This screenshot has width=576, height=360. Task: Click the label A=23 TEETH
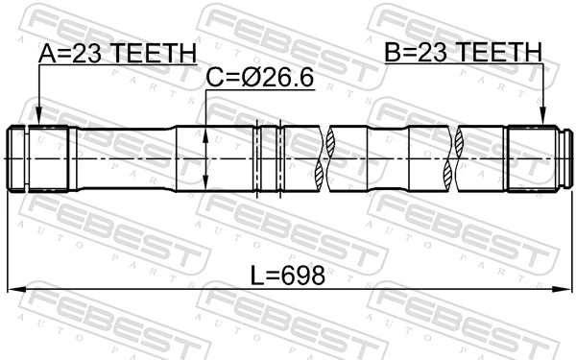(x=116, y=53)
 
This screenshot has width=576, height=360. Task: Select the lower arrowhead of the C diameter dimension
(x=206, y=186)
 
